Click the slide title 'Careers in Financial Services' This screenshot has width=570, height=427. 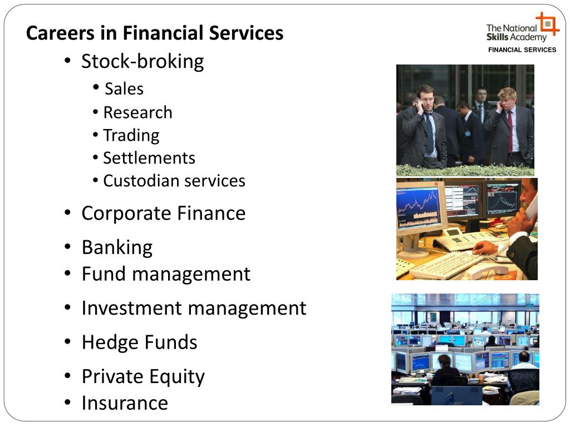(155, 33)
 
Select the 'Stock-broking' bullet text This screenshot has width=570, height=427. (142, 61)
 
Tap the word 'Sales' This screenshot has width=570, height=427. (124, 89)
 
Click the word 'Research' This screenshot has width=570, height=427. (137, 112)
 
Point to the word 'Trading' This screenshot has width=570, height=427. (131, 135)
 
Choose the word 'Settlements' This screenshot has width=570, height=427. (149, 158)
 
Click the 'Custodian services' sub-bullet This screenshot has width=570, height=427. (174, 181)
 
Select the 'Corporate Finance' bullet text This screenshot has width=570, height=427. (163, 213)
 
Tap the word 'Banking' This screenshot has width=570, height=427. (117, 247)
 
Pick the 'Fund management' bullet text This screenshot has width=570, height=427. (166, 274)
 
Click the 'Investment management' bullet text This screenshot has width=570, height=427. (194, 308)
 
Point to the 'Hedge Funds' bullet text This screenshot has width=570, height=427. (139, 342)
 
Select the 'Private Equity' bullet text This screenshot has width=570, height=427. (143, 376)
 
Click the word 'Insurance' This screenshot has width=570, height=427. (125, 403)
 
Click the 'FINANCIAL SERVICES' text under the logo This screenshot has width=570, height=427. (522, 50)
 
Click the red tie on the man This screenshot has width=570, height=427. (510, 130)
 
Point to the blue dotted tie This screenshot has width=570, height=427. (429, 133)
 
